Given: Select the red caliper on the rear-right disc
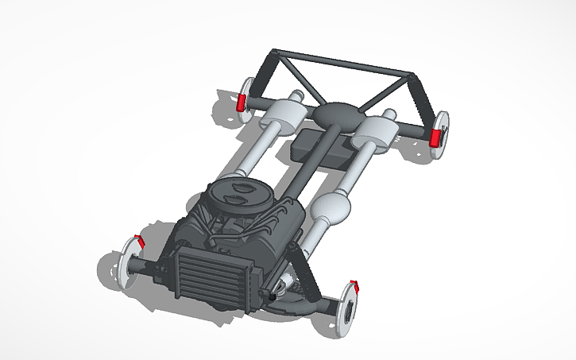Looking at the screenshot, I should (435, 137).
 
